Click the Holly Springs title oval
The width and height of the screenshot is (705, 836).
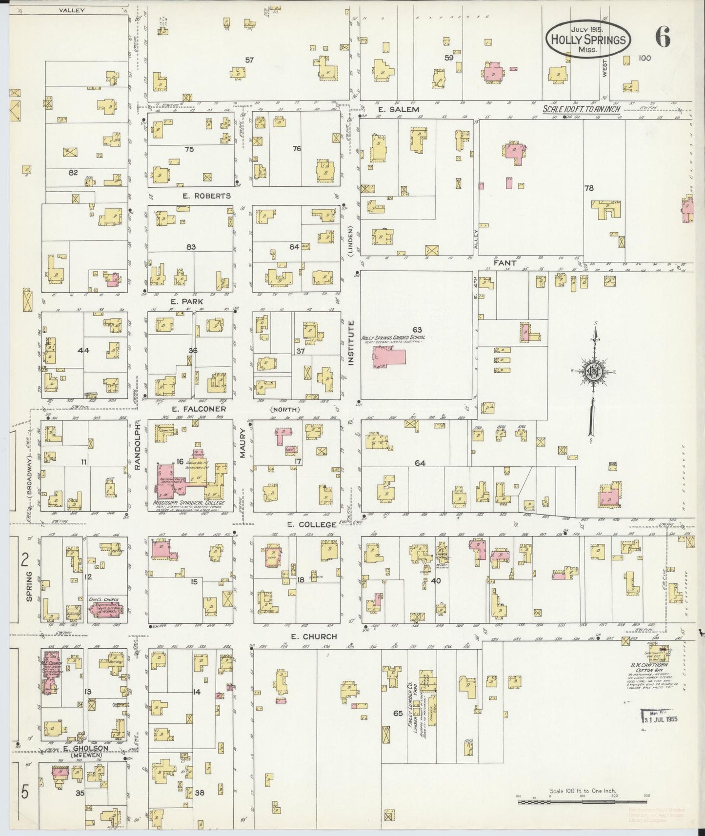[x=587, y=40]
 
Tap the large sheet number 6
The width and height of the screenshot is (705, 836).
[x=662, y=37]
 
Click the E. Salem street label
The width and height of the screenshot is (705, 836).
[x=398, y=109]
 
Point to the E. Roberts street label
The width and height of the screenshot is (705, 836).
[x=206, y=196]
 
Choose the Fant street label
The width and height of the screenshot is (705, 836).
[x=504, y=263]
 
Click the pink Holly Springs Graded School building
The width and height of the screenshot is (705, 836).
[x=389, y=357]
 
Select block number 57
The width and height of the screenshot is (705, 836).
[x=249, y=60]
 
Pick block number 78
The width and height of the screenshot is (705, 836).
[x=588, y=188]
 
